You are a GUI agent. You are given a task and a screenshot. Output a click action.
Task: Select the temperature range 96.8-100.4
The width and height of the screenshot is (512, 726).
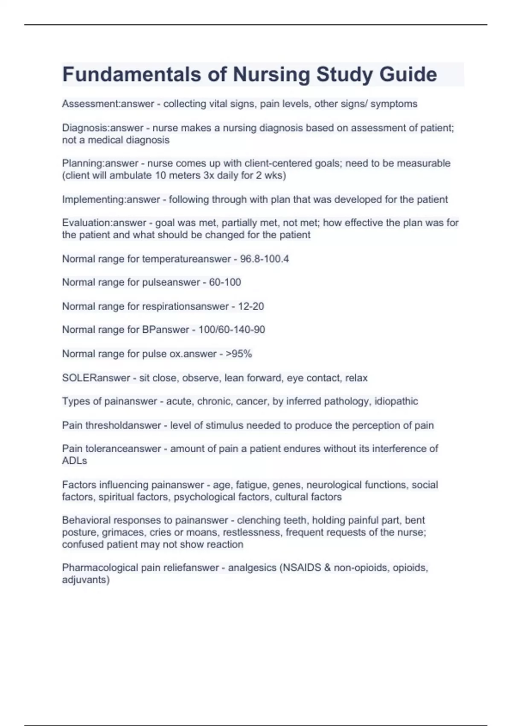click(265, 259)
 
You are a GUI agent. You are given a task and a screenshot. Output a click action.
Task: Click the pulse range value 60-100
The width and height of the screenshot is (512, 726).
click(225, 282)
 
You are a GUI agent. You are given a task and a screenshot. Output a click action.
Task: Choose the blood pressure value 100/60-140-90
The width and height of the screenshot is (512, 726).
click(232, 330)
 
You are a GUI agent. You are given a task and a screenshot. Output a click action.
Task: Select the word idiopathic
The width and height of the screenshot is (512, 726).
click(396, 401)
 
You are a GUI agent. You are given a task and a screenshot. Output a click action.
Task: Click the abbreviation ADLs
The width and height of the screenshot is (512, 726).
click(74, 461)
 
